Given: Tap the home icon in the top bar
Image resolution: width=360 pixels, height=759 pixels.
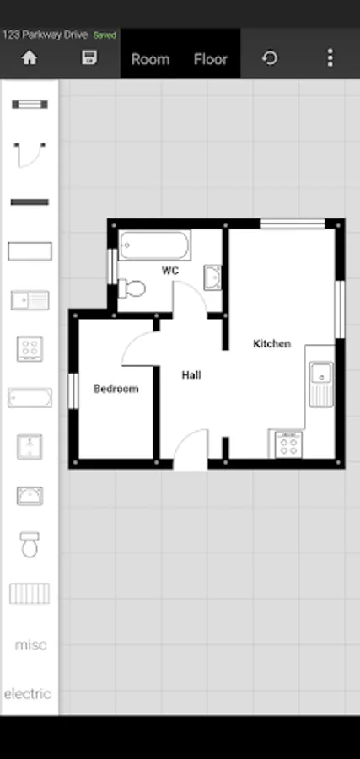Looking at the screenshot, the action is (30, 58).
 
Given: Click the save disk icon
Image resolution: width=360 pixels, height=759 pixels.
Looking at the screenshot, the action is (89, 57).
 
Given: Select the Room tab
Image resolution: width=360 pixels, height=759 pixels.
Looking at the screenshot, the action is (150, 60).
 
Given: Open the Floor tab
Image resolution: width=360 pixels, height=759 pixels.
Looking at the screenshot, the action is (211, 59).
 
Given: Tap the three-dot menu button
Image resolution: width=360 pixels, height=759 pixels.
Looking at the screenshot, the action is (330, 58).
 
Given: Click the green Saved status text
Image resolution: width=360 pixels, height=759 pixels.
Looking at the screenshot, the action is (105, 35).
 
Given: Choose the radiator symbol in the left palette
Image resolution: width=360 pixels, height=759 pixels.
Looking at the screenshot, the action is (30, 594).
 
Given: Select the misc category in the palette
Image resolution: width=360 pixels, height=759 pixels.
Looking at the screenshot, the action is (30, 645).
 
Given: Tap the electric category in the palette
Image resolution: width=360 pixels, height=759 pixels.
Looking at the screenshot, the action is (28, 694).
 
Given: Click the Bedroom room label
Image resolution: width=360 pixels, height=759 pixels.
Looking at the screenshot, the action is (116, 389).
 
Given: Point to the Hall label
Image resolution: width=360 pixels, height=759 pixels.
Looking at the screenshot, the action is (191, 374).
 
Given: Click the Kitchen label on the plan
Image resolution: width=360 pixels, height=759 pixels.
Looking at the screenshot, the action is (272, 344).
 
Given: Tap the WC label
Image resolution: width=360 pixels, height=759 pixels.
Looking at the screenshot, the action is (170, 271).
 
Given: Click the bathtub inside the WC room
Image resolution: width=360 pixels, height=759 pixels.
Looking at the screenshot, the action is (154, 245).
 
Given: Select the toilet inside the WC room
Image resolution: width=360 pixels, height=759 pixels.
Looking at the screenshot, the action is (132, 288).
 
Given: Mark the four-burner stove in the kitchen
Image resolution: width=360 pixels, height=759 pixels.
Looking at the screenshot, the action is (289, 444).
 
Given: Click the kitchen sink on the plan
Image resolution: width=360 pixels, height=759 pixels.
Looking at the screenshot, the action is (321, 385).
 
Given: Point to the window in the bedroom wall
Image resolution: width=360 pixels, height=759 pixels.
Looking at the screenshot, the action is (73, 391).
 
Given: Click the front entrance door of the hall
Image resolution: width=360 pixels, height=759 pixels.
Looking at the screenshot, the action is (191, 449).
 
